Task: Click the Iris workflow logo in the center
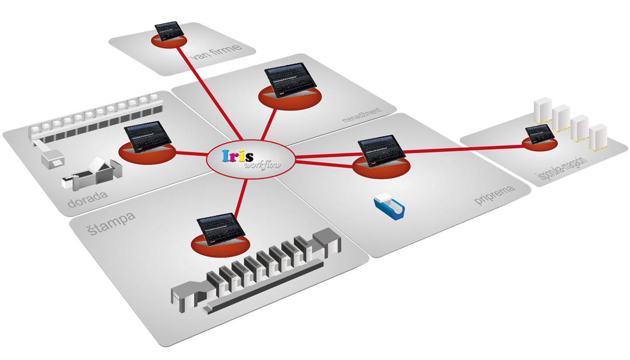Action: (251, 159)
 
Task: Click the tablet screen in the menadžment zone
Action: (291, 81)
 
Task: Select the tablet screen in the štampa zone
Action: (220, 227)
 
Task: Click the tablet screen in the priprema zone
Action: (379, 150)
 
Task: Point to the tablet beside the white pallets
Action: (540, 134)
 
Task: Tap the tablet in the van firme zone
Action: (170, 31)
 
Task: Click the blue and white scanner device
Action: (389, 206)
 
